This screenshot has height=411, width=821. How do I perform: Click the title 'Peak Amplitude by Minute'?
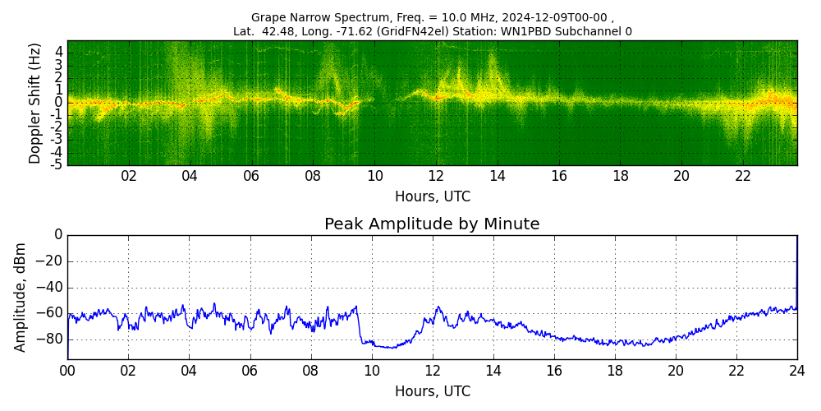pyautogui.click(x=432, y=224)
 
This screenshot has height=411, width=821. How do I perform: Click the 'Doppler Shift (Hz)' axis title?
pyautogui.click(x=34, y=104)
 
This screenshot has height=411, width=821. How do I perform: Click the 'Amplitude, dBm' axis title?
pyautogui.click(x=21, y=297)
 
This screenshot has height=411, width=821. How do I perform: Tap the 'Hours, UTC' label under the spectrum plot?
pyautogui.click(x=432, y=197)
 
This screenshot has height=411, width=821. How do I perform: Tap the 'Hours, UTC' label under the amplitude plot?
pyautogui.click(x=432, y=392)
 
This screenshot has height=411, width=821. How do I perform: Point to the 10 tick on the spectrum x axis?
pyautogui.click(x=374, y=176)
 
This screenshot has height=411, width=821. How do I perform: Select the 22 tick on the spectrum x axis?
pyautogui.click(x=743, y=176)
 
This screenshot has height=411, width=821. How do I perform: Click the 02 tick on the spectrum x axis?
pyautogui.click(x=129, y=176)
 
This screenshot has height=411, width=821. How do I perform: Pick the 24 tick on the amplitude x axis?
pyautogui.click(x=796, y=371)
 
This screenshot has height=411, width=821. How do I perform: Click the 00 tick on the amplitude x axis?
pyautogui.click(x=67, y=371)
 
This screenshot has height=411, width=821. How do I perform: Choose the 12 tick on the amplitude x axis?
pyautogui.click(x=432, y=371)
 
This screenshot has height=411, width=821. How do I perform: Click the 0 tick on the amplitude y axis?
pyautogui.click(x=58, y=235)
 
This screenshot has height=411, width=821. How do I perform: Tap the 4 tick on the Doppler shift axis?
pyautogui.click(x=58, y=51)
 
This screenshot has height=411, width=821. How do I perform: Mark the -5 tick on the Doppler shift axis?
pyautogui.click(x=57, y=164)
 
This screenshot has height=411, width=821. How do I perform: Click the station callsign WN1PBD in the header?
pyautogui.click(x=566, y=32)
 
